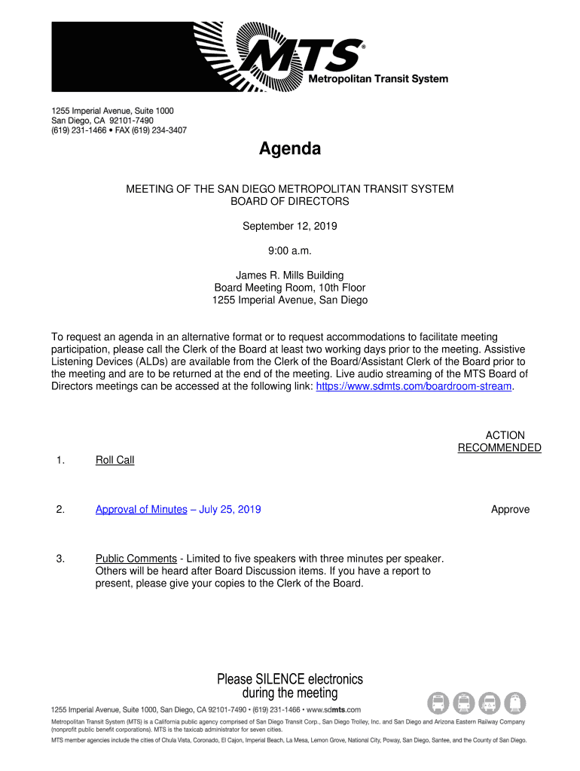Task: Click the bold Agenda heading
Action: click(290, 149)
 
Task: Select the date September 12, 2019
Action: click(289, 226)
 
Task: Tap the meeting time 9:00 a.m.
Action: click(289, 251)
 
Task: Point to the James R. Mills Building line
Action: click(289, 276)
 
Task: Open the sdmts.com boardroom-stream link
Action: click(414, 386)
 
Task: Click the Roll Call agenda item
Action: click(114, 460)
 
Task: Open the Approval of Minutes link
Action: click(141, 510)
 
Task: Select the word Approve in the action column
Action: click(510, 510)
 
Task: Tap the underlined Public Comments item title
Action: click(136, 559)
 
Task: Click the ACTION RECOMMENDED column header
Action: click(499, 442)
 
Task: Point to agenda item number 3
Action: click(60, 559)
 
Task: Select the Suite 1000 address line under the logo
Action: click(112, 111)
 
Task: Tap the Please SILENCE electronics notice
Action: click(290, 686)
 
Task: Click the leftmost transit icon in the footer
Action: click(438, 703)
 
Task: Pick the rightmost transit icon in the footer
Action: click(515, 703)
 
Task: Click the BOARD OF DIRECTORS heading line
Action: click(289, 202)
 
